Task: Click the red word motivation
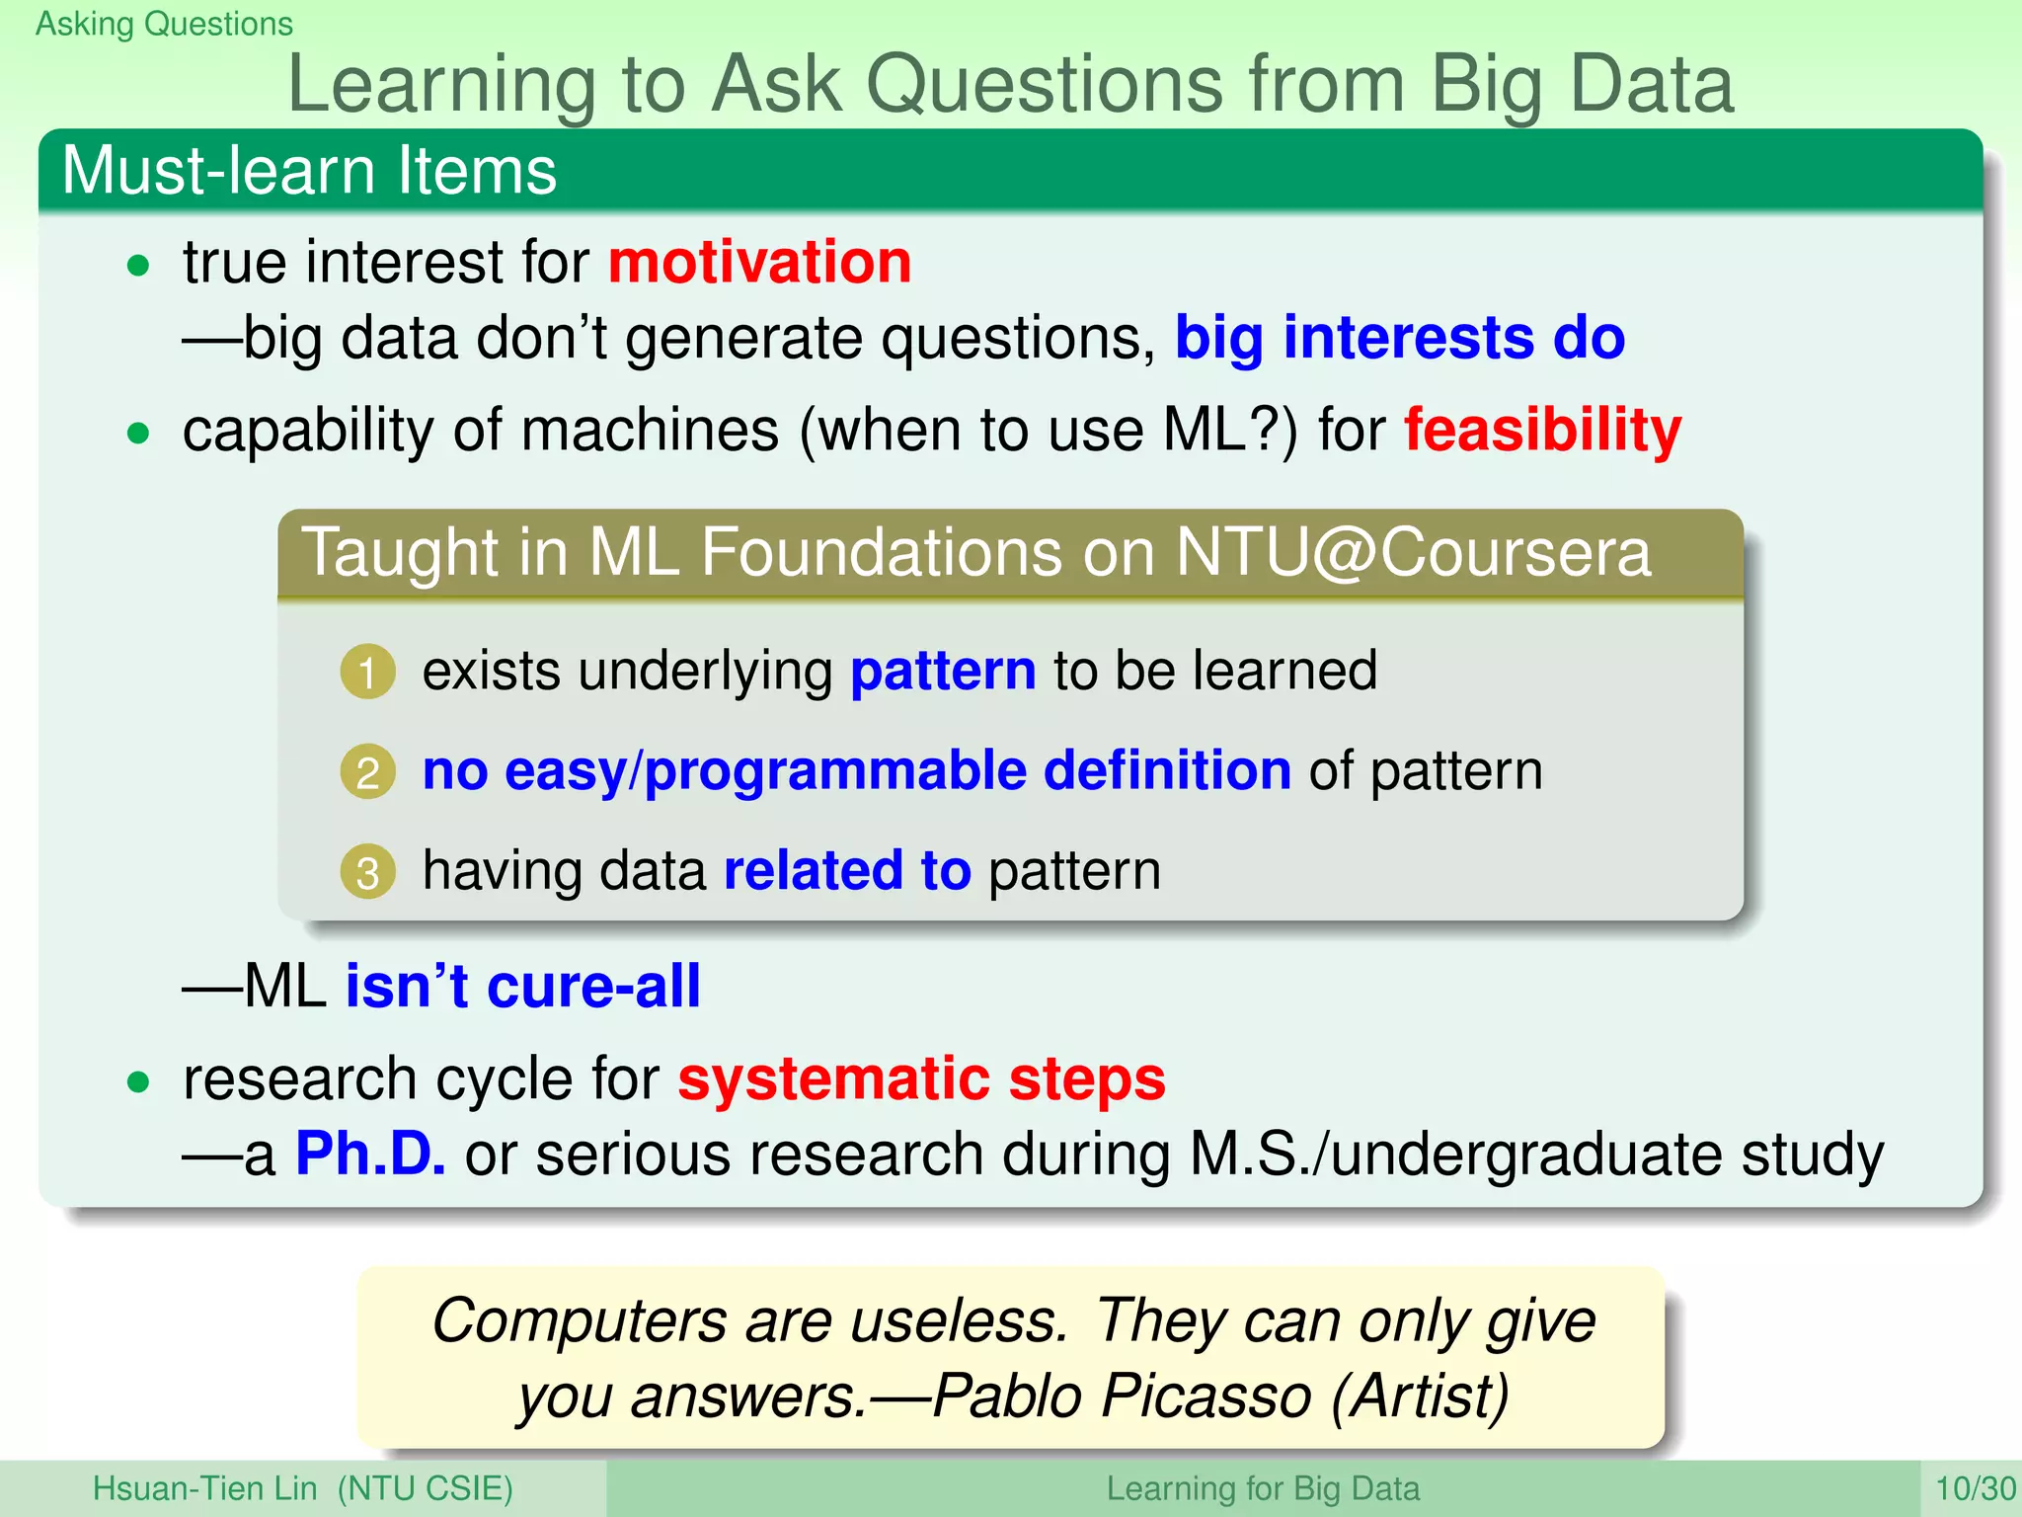click(x=759, y=263)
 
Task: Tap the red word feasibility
click(x=1542, y=431)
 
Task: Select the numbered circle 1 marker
click(x=367, y=673)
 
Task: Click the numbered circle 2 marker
click(x=367, y=772)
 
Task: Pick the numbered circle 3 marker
click(x=367, y=872)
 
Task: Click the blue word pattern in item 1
click(x=943, y=672)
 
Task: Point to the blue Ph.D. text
click(x=370, y=1154)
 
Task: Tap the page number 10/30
click(x=1975, y=1488)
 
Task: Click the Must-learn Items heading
click(x=309, y=171)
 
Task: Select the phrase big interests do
click(x=1399, y=338)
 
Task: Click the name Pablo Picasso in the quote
click(x=1122, y=1397)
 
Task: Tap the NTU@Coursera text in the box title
click(x=1413, y=551)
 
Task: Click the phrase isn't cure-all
click(x=522, y=986)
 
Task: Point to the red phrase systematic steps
click(x=921, y=1078)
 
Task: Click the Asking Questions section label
click(x=164, y=24)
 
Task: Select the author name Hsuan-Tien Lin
click(x=205, y=1488)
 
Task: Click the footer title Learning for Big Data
click(x=1262, y=1488)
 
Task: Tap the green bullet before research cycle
click(x=138, y=1082)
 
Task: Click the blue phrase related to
click(x=847, y=870)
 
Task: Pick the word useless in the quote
click(x=957, y=1320)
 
